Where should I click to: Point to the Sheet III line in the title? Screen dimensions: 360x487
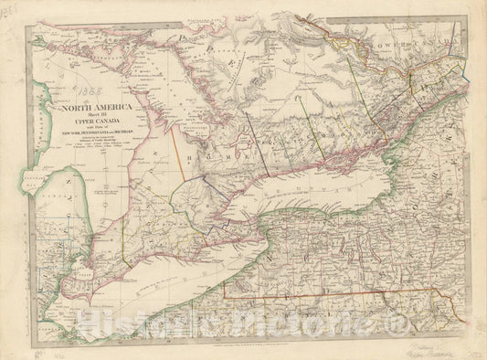90,116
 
